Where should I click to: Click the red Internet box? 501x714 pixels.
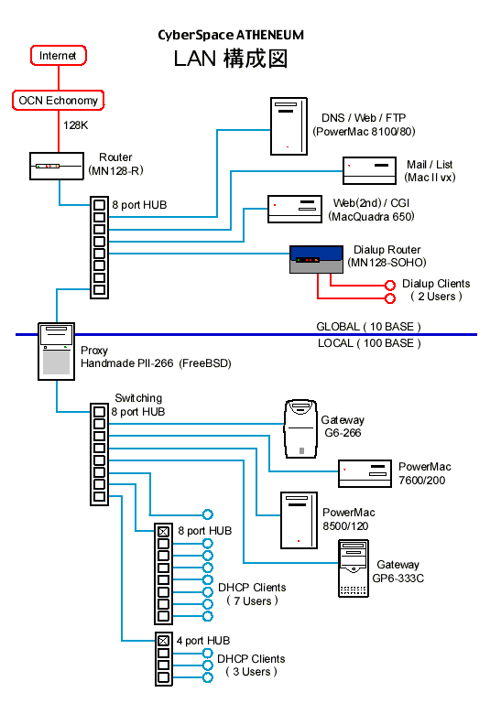tap(59, 56)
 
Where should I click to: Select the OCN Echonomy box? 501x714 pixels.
tap(59, 100)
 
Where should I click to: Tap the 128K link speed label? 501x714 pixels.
tap(76, 125)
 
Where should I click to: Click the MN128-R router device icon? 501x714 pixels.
tap(57, 166)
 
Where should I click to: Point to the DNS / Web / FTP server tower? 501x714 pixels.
tap(289, 126)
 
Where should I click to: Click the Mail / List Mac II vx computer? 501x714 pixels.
tap(369, 170)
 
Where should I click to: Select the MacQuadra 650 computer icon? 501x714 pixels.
tap(294, 209)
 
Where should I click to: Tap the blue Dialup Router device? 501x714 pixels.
tap(316, 259)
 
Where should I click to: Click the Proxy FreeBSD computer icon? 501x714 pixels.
tap(56, 352)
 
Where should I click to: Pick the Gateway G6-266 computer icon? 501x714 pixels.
tap(300, 429)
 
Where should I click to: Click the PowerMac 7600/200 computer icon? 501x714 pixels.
tap(365, 473)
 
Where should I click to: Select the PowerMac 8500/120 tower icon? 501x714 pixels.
tap(299, 520)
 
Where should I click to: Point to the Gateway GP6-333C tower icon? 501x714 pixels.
tap(354, 568)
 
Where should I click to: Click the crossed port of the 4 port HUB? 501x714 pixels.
tap(164, 641)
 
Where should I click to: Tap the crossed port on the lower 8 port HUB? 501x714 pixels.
tap(164, 532)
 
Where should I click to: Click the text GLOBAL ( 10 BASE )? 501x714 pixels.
tap(368, 327)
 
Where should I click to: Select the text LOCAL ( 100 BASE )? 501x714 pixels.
tap(369, 343)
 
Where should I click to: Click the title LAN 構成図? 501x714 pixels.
tap(231, 59)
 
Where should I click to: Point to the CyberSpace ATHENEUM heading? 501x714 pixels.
tap(231, 35)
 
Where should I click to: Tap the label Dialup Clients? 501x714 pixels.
tap(436, 284)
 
